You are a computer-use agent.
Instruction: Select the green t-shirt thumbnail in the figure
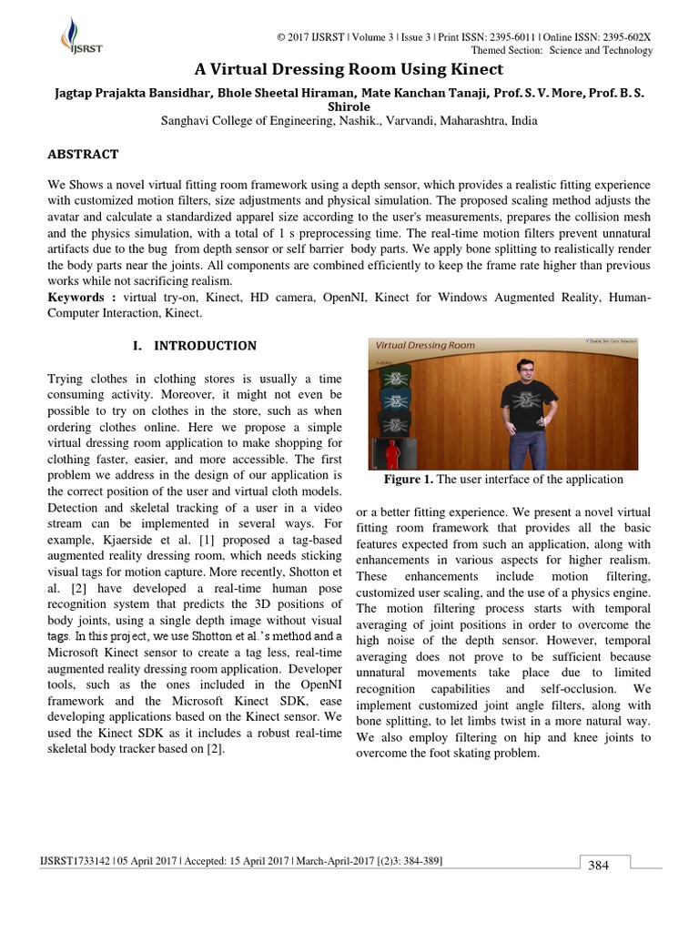(396, 374)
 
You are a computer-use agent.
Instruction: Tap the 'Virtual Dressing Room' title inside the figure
(425, 346)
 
